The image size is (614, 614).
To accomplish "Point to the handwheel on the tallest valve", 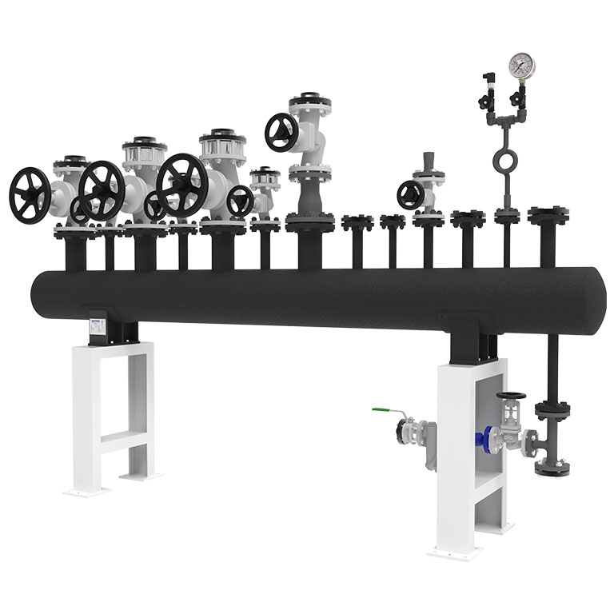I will pos(282,131).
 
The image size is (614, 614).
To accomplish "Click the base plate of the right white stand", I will pos(459,552).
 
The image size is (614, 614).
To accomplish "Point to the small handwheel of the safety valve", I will pos(411,194).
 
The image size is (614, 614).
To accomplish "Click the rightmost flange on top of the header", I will pos(546,214).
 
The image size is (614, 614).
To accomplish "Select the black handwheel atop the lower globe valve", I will pos(509,397).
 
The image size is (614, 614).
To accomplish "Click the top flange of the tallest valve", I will pos(311,104).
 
